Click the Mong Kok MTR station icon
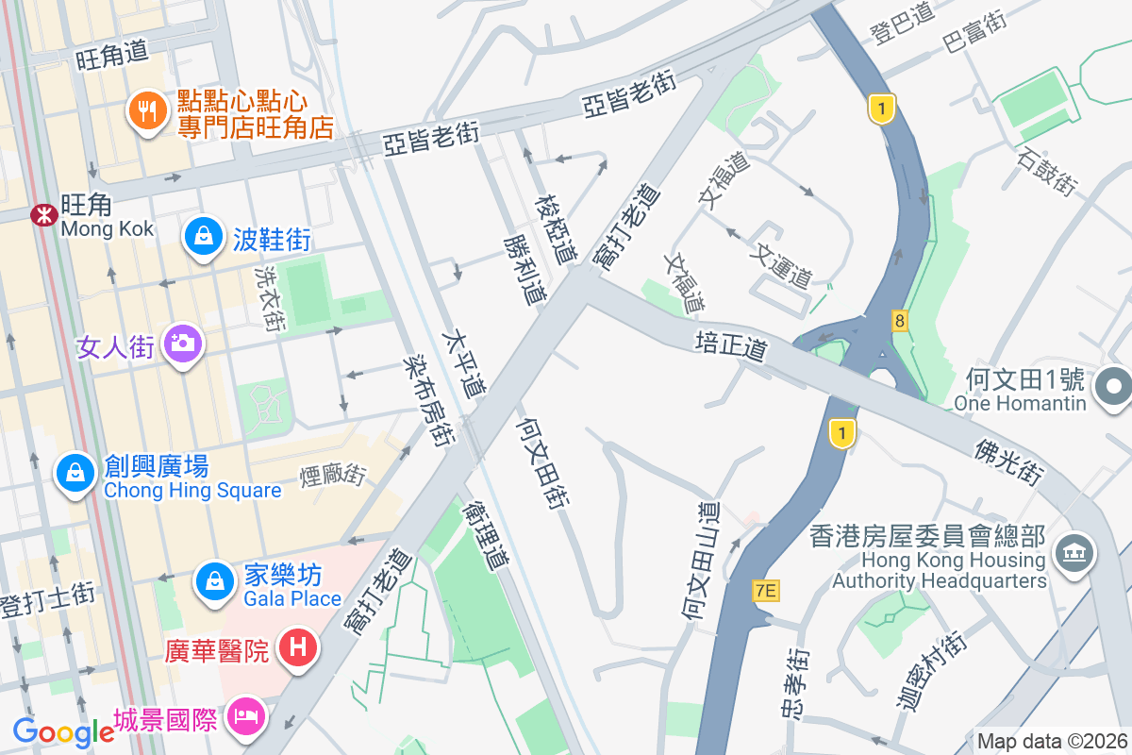(42, 214)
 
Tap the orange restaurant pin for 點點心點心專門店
(146, 112)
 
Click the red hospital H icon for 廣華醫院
(299, 649)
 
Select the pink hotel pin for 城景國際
(248, 714)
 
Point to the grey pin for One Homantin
(1113, 387)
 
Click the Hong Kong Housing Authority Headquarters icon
(1074, 552)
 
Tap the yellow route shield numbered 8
(900, 321)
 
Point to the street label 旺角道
(113, 57)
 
